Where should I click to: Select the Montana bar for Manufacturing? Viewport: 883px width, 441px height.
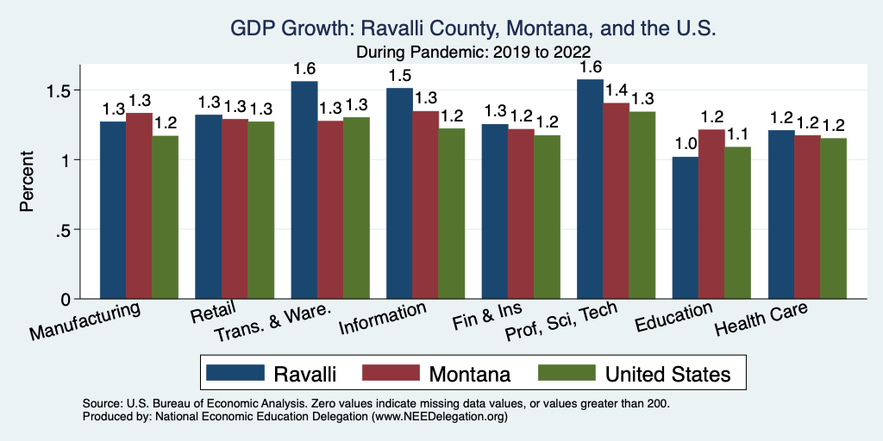(x=139, y=206)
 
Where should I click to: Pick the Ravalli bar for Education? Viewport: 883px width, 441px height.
(x=686, y=227)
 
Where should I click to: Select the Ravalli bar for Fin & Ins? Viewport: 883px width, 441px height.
(x=495, y=211)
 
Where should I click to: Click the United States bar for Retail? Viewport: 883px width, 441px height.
(x=261, y=210)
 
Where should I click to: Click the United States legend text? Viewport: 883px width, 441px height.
(x=668, y=374)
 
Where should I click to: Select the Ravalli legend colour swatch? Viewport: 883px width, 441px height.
(x=235, y=373)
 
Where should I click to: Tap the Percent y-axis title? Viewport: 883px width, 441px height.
(x=28, y=183)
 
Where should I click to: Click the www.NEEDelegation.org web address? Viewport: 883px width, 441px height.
(x=438, y=416)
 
